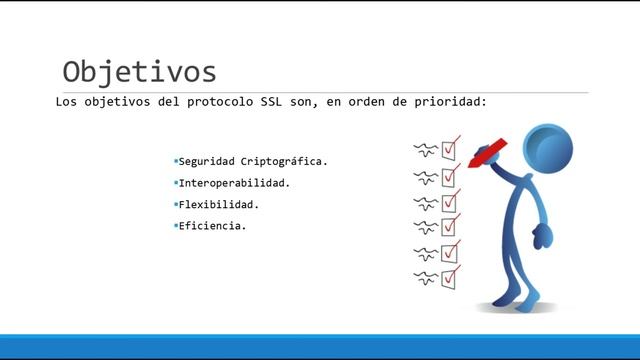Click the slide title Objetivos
click(x=139, y=72)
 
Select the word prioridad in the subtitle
click(x=448, y=102)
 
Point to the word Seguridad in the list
click(x=206, y=161)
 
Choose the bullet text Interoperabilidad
click(x=234, y=183)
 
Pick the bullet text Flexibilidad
click(x=218, y=204)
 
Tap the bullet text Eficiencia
click(x=212, y=226)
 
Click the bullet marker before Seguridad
click(x=175, y=160)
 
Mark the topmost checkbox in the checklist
click(x=450, y=150)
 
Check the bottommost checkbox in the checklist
click(x=450, y=276)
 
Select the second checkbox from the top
click(x=450, y=177)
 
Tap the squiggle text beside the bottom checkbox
click(x=425, y=276)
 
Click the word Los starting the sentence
click(x=66, y=102)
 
